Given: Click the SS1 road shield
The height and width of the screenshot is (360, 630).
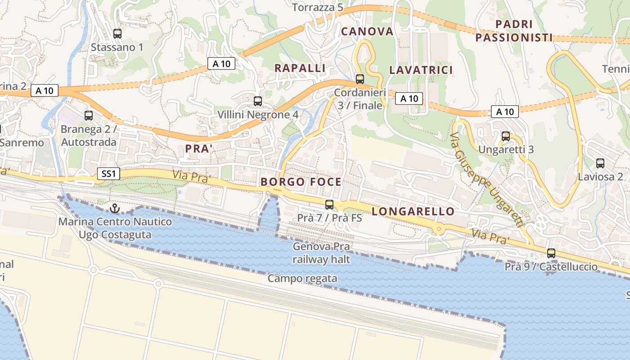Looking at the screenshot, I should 108,173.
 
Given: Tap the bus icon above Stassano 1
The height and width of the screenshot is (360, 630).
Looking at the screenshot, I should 117,33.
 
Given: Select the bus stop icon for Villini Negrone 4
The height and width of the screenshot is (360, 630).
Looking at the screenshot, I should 258,101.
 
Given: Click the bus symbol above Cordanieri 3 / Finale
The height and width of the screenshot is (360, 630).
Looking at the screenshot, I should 360,79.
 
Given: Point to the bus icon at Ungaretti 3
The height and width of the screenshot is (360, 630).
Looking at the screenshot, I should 506,136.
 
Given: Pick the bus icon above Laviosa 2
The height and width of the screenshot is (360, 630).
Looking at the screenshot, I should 600,163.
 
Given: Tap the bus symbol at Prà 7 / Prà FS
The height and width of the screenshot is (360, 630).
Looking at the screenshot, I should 329,204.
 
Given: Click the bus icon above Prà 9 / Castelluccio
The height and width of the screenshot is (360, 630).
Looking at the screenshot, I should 551,253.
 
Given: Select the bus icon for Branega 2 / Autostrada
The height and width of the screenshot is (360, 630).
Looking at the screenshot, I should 89,115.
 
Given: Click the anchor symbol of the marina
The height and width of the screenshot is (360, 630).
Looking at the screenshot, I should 115,208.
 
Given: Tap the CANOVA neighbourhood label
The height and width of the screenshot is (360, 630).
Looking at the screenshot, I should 367,31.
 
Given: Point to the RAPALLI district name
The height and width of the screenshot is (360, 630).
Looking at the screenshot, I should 300,68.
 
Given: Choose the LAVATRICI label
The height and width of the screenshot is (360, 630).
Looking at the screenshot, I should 421,70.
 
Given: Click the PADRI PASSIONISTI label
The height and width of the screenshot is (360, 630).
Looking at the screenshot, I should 514,31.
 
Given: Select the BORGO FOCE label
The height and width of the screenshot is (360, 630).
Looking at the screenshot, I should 301,182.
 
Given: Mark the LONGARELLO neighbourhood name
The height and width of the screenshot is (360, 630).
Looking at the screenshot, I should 413,211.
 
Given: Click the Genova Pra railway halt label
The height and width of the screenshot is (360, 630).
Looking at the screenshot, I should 321,253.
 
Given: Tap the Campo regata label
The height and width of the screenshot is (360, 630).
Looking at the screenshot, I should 302,279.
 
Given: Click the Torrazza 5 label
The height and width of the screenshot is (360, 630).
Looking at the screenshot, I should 318,7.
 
